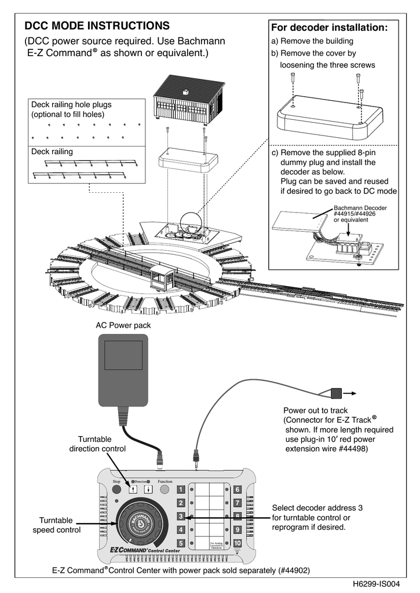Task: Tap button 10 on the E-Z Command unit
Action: point(238,543)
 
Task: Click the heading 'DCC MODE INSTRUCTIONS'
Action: point(97,26)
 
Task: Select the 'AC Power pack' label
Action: point(123,325)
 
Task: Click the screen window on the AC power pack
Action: point(123,355)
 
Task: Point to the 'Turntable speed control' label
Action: point(56,525)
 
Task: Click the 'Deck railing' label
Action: point(52,152)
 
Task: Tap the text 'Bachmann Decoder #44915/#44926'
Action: point(360,211)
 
